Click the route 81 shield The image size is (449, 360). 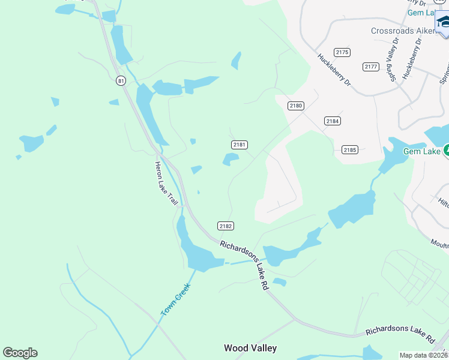click(x=121, y=80)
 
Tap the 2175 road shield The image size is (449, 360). click(x=342, y=53)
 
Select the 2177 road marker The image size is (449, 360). click(x=371, y=66)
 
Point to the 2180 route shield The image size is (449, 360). click(x=296, y=106)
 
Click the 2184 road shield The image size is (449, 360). click(x=333, y=121)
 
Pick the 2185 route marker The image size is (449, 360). click(x=350, y=149)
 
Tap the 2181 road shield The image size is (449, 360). click(x=240, y=145)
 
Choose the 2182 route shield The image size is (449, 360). click(x=225, y=226)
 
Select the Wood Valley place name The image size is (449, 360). click(x=250, y=348)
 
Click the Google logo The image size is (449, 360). click(x=20, y=353)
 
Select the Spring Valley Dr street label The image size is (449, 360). click(x=394, y=59)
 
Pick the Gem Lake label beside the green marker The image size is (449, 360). click(x=422, y=151)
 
